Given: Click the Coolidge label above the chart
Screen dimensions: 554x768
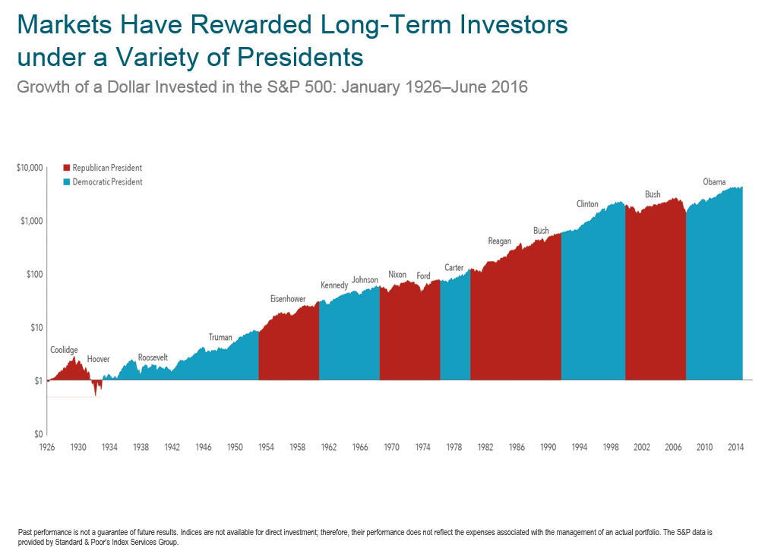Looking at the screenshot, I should tap(64, 350).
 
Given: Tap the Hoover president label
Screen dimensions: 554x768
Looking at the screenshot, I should tap(98, 358).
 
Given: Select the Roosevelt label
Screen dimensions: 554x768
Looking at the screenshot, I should tap(153, 357).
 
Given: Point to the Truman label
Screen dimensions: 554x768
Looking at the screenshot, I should tap(220, 337).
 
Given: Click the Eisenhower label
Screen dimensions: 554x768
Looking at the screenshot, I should tap(288, 299).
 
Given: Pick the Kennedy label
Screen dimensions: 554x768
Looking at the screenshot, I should tap(334, 285).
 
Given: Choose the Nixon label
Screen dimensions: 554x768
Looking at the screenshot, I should tap(397, 275).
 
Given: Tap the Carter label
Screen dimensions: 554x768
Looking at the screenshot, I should tap(454, 268).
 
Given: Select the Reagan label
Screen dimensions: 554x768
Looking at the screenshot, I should tap(499, 241).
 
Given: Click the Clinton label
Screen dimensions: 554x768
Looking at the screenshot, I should tap(587, 204).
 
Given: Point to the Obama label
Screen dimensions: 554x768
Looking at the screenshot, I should tap(714, 182).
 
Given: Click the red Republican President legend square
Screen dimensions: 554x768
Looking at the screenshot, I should tap(67, 168).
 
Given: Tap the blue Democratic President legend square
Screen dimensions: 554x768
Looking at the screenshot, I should tap(67, 182).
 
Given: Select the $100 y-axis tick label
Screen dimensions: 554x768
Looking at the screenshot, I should tap(33, 274).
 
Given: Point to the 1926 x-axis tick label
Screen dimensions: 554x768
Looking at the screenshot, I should tap(46, 448).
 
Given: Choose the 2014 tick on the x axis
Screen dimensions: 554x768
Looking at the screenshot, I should tap(735, 448).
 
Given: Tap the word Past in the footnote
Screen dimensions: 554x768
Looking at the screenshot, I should tap(25, 533).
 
